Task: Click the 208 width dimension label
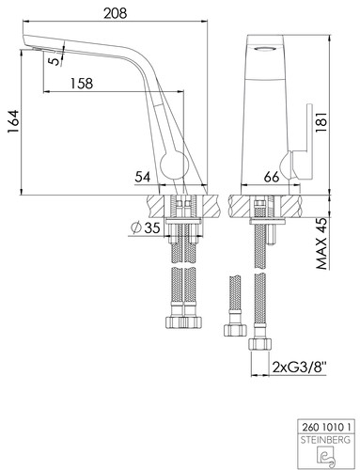[x=116, y=13]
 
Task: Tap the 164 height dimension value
[x=14, y=122]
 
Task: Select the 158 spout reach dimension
[x=82, y=84]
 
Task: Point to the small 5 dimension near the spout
[x=55, y=60]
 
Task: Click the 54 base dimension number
[x=143, y=178]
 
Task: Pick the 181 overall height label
[x=321, y=122]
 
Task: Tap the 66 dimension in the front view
[x=271, y=178]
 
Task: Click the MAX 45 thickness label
[x=321, y=243]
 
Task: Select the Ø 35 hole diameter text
[x=146, y=227]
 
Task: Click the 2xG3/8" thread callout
[x=300, y=367]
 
